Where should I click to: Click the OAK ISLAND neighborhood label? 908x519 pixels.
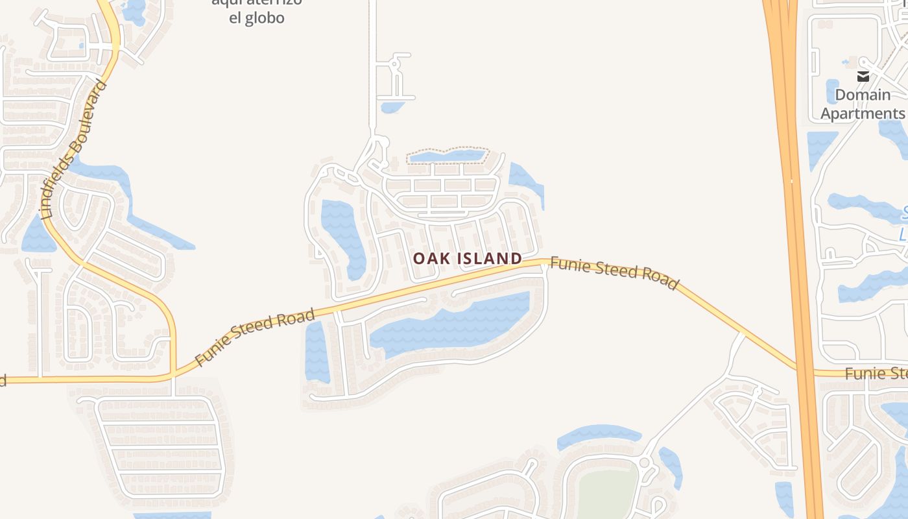coord(467,258)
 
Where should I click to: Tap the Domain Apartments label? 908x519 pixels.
coord(862,104)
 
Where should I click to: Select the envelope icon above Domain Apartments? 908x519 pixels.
coord(863,77)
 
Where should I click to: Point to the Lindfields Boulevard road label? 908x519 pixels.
coord(73,149)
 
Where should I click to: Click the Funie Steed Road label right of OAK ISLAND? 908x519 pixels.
coord(614,273)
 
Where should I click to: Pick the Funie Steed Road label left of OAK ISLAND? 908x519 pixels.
coord(254,337)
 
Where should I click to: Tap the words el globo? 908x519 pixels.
coord(256,18)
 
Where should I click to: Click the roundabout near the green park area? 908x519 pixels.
coord(644,463)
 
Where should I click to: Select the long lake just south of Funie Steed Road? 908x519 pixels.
coord(454,324)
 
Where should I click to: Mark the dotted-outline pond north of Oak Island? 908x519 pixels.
coord(448,156)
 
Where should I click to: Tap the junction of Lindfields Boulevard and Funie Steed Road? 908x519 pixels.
coord(174,375)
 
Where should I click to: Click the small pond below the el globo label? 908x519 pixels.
coord(392,107)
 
